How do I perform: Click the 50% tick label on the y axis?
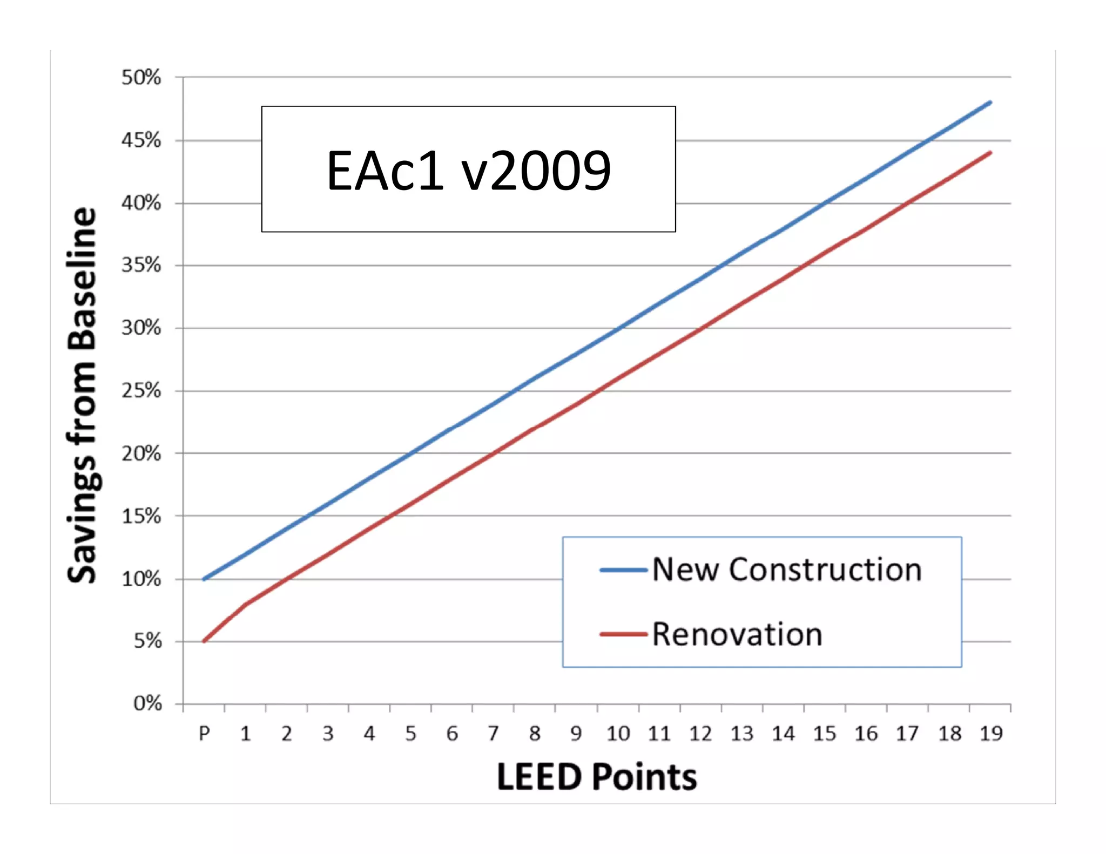[x=141, y=78]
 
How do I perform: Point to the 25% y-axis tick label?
[x=141, y=390]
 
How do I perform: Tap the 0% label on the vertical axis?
[x=147, y=703]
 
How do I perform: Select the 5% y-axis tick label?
[x=147, y=641]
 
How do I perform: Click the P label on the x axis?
[x=204, y=734]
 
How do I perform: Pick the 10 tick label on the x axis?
[x=618, y=734]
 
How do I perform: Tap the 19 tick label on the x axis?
[x=991, y=734]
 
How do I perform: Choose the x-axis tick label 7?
[x=493, y=734]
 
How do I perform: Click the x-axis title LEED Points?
[x=596, y=777]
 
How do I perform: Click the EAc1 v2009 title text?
[x=469, y=171]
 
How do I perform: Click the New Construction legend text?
[x=787, y=570]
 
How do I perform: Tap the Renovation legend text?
[x=737, y=634]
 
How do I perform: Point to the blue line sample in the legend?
[x=623, y=570]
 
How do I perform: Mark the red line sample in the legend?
[x=623, y=634]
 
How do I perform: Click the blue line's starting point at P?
[x=204, y=579]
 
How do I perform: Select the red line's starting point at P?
[x=204, y=641]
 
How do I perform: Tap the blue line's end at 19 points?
[x=990, y=102]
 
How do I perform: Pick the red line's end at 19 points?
[x=990, y=153]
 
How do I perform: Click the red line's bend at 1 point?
[x=246, y=604]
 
